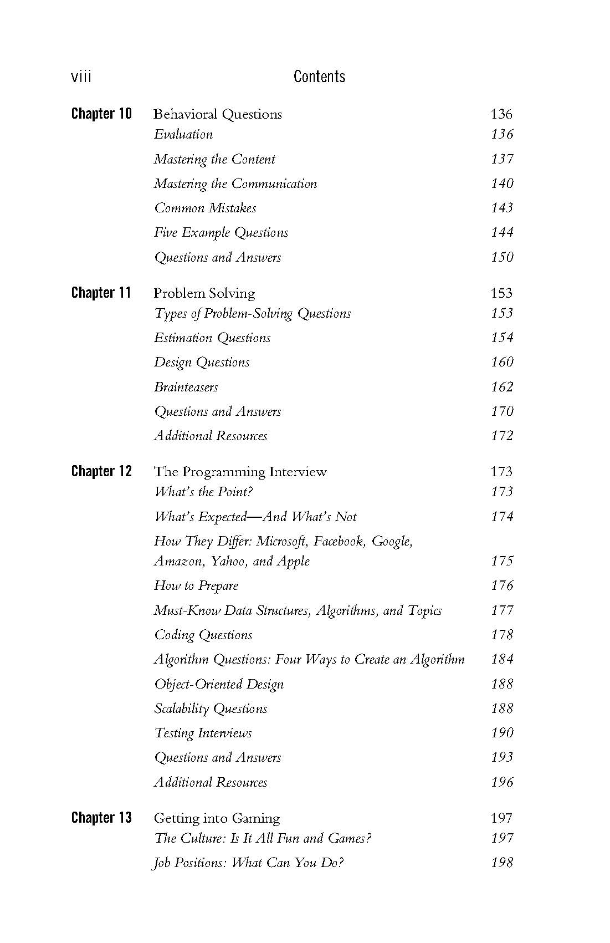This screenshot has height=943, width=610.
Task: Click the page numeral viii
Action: (81, 77)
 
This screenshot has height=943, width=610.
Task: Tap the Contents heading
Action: (319, 77)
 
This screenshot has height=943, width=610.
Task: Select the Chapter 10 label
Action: (102, 114)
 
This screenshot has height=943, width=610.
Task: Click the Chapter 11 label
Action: (101, 293)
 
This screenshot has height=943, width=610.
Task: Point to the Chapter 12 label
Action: (102, 471)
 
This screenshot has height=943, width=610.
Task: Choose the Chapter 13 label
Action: (102, 818)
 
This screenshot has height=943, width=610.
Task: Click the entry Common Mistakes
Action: (205, 208)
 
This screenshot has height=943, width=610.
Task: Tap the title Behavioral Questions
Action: (218, 114)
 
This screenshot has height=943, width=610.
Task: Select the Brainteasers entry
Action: (186, 387)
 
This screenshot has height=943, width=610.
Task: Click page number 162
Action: (502, 386)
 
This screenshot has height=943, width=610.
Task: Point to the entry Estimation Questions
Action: (212, 338)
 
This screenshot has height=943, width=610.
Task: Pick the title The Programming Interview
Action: (240, 472)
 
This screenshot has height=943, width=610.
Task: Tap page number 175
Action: (502, 560)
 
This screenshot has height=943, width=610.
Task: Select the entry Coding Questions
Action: (203, 635)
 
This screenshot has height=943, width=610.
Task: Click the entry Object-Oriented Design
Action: (219, 684)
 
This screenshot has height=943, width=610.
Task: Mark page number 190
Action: (502, 732)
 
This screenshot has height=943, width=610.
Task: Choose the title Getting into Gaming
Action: (217, 818)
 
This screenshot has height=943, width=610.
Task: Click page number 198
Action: (502, 862)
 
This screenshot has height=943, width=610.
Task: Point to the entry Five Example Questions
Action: (221, 232)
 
